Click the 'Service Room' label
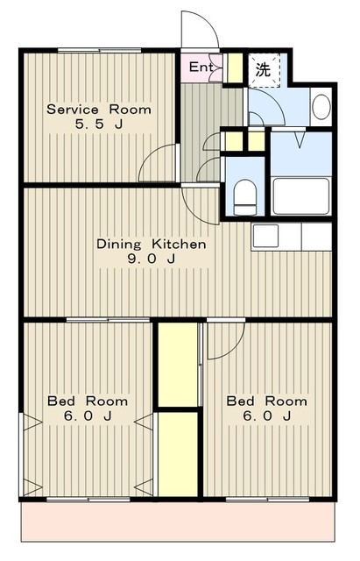99,109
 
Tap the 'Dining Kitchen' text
152,245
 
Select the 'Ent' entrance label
201,67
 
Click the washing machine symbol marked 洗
265,70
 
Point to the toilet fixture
245,197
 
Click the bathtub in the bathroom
301,195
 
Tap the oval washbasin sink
321,107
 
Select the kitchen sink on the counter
265,236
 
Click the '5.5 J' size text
99,124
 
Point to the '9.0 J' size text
152,259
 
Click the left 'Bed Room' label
88,401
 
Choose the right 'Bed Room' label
266,401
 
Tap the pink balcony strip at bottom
178,522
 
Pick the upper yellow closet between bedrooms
178,365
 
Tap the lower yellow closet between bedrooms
178,454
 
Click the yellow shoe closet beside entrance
235,68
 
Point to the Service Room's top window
99,51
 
